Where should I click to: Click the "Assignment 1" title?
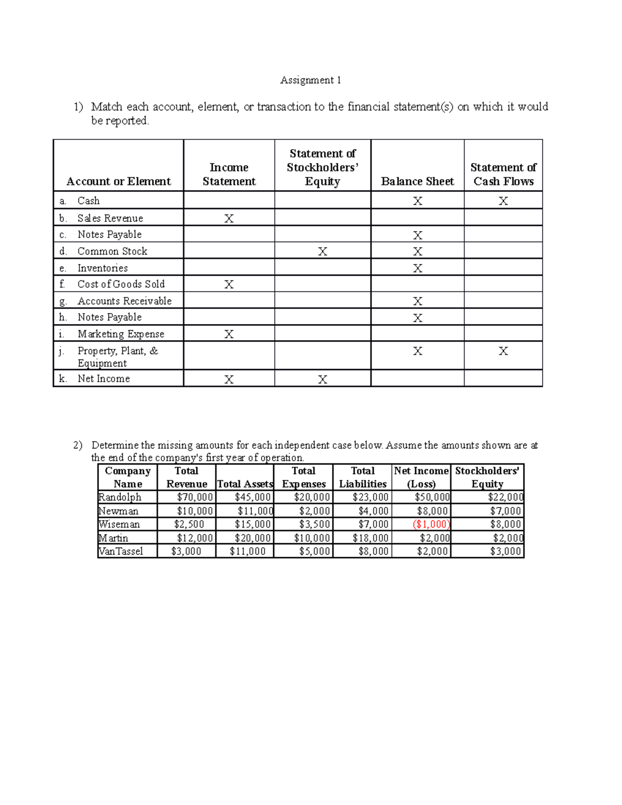310,80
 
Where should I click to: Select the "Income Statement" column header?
229,174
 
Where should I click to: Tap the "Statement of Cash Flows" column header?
503,174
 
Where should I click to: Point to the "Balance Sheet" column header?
417,181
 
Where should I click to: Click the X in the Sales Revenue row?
229,219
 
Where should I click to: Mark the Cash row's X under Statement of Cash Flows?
503,201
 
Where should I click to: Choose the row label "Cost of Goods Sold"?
121,284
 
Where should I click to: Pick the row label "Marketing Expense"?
121,334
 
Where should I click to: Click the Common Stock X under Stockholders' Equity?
322,252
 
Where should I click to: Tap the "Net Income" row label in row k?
104,379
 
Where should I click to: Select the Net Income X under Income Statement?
229,379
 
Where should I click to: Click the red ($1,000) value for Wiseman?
431,524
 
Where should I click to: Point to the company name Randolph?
120,497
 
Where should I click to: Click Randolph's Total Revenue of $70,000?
194,497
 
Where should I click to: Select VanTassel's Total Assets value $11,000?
247,551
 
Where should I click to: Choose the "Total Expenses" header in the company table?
304,477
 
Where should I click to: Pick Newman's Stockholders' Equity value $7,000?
505,511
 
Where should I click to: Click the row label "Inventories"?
103,268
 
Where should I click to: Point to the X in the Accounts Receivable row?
417,301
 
